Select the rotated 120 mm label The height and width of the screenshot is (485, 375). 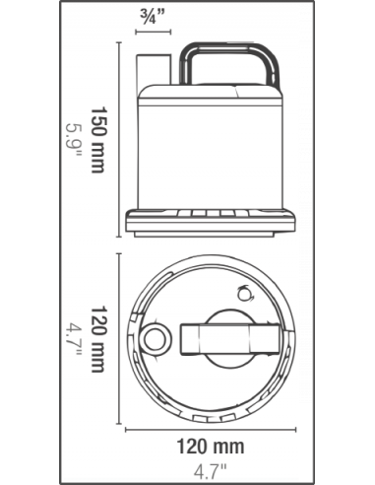95,341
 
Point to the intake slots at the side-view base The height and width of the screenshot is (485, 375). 212,214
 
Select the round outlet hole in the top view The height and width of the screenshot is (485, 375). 156,340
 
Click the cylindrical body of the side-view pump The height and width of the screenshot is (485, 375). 212,148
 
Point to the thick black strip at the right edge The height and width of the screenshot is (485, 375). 310,242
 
